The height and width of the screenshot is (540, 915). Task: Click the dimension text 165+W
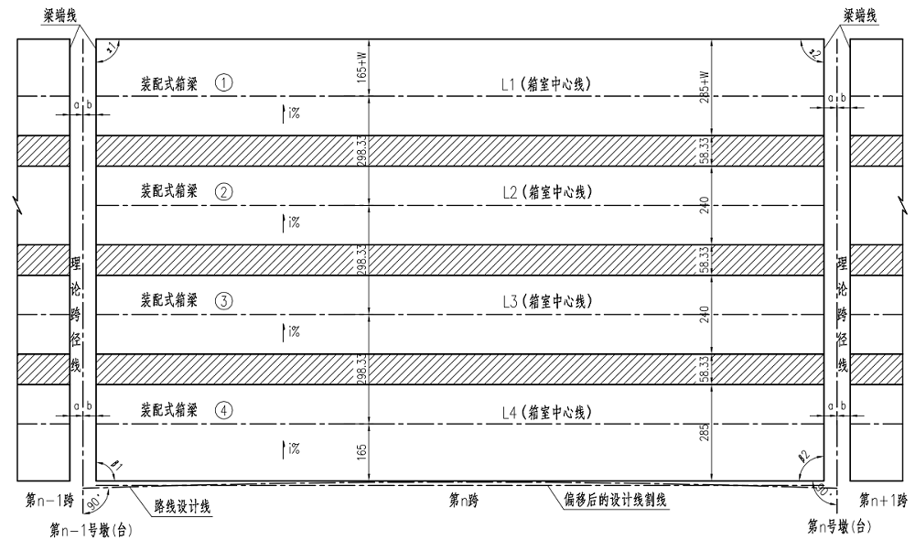click(362, 67)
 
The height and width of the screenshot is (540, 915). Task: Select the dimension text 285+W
click(705, 84)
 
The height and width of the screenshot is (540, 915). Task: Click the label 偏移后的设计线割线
click(610, 502)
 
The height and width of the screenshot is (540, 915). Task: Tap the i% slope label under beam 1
click(292, 114)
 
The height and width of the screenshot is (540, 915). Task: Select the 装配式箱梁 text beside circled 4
click(168, 410)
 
